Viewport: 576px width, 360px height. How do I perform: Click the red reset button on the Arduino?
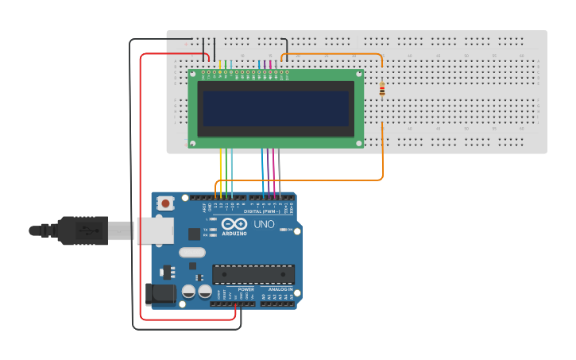coord(165,203)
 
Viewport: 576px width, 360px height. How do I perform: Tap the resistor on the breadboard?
coord(382,90)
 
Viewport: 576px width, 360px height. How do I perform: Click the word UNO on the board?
coord(264,224)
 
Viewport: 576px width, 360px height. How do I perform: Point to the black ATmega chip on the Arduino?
coord(253,274)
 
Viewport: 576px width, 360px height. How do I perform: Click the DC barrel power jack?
coord(162,293)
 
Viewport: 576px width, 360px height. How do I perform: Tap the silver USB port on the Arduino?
coord(155,230)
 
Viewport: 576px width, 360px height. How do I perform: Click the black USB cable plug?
coord(83,230)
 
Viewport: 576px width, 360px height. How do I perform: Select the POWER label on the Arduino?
coord(246,289)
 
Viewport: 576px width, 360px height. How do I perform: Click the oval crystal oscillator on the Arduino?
coord(191,253)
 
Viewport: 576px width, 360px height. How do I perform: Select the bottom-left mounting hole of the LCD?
coord(193,143)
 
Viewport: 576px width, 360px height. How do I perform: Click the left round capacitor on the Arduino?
coord(188,292)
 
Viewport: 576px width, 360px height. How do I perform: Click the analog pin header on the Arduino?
coord(277,304)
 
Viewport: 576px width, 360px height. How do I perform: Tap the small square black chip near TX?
coord(194,234)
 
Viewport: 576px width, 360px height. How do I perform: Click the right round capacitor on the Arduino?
coord(205,292)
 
